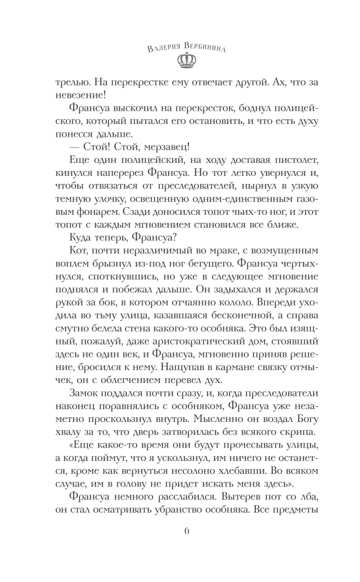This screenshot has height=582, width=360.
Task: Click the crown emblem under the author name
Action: tap(180, 59)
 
